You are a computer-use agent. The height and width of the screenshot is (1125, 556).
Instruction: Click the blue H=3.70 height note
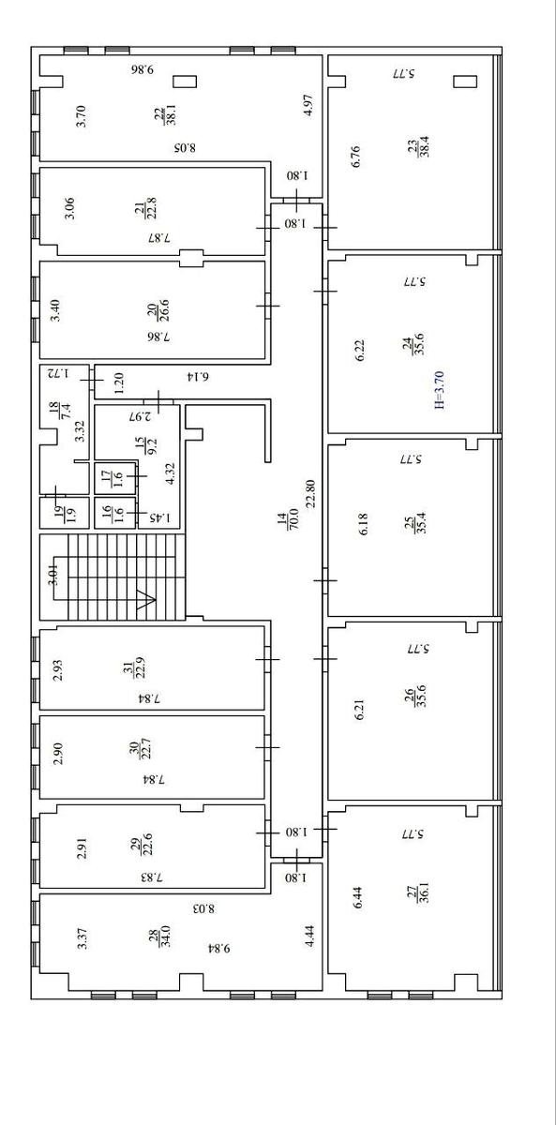click(440, 389)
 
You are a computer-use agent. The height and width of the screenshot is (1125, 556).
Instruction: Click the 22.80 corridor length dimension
click(309, 493)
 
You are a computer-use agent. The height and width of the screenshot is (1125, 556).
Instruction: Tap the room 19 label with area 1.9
click(66, 514)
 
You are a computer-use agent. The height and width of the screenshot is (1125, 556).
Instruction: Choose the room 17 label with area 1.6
click(112, 478)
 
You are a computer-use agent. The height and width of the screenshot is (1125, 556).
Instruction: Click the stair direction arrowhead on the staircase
click(145, 600)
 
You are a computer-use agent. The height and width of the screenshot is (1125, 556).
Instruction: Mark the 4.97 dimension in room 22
click(309, 105)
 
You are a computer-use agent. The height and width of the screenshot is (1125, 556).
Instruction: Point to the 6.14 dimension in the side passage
click(197, 376)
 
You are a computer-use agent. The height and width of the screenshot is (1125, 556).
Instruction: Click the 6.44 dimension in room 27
click(358, 897)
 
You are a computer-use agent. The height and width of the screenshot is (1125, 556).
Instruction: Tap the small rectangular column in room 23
click(465, 82)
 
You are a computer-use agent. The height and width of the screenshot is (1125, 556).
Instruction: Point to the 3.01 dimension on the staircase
click(53, 574)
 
